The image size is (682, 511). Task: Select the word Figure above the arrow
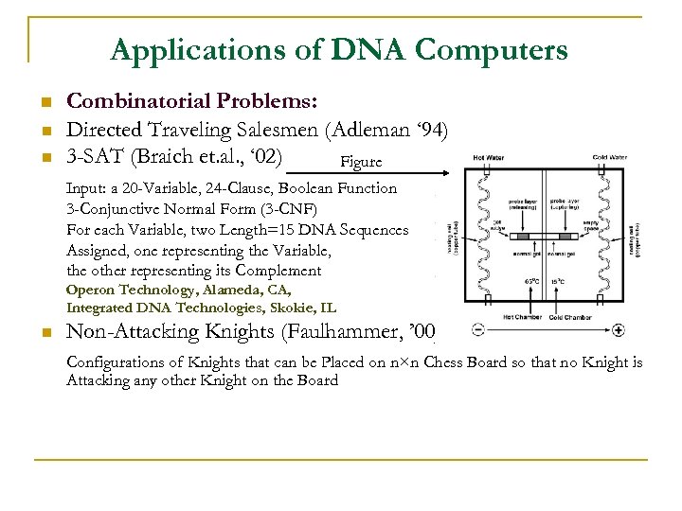(360, 162)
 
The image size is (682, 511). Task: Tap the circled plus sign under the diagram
(619, 330)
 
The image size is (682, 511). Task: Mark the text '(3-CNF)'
(285, 208)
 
